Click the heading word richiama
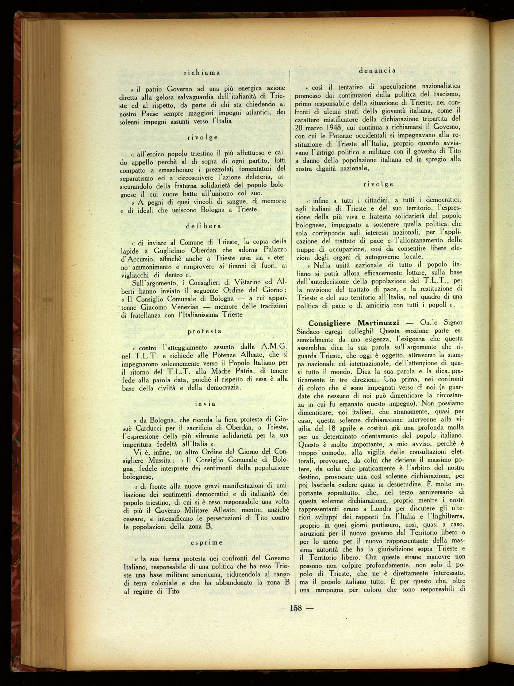pos(202,73)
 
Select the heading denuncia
pos(377,70)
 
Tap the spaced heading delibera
pos(203,226)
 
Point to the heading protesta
pos(204,331)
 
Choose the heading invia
pos(205,404)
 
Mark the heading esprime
pos(206,543)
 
